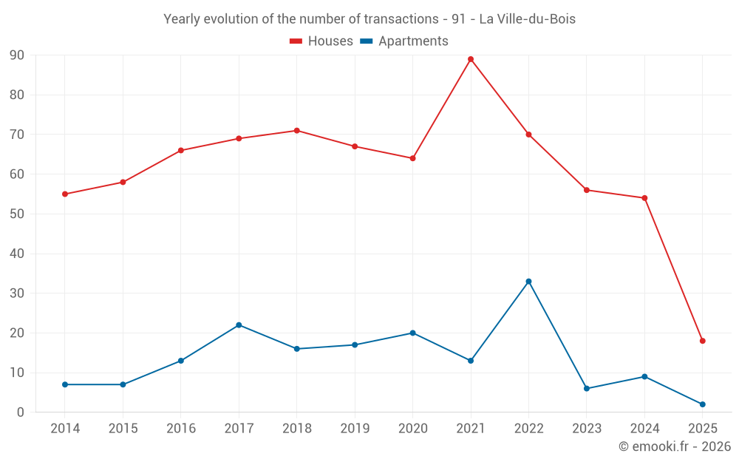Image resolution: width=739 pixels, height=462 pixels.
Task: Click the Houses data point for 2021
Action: point(471,59)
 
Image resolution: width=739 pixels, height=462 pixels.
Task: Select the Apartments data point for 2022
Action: point(528,282)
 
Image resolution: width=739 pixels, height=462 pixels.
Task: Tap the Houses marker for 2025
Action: point(702,341)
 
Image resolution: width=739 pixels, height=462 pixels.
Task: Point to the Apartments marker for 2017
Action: point(239,325)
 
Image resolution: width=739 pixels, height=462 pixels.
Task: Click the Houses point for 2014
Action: point(65,194)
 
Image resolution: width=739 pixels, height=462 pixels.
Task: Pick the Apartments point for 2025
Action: point(702,404)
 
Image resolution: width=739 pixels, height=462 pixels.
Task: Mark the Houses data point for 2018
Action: point(296,131)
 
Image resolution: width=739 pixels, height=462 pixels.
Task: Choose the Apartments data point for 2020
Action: point(412,333)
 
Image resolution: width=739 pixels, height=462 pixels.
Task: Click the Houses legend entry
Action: point(330,41)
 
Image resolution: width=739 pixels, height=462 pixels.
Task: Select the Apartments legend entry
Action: point(413,41)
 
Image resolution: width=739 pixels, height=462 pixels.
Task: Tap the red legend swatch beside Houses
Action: point(296,41)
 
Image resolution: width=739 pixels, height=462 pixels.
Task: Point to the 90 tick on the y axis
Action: point(17,55)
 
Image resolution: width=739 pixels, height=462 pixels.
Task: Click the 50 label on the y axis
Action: point(17,214)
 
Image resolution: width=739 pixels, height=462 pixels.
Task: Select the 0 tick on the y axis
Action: point(21,412)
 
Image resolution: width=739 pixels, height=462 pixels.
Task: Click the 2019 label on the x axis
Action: point(355,429)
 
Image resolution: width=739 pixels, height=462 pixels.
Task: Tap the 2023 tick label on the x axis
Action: point(586,429)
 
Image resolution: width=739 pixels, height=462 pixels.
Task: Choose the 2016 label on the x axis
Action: point(181,429)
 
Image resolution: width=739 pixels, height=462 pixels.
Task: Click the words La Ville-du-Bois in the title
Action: point(527,19)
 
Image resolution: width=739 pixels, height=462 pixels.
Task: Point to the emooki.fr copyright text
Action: point(674,446)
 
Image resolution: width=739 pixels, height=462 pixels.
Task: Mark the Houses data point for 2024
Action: point(644,198)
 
